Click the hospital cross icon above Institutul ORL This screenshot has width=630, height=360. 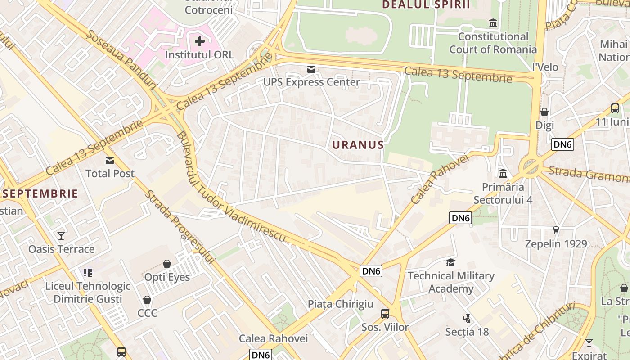199,42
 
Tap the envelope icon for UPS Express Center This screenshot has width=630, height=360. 311,69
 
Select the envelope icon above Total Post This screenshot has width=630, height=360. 110,161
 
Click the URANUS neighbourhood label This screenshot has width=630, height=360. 358,145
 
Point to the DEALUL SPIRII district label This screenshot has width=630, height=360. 426,5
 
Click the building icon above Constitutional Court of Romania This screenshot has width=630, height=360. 493,23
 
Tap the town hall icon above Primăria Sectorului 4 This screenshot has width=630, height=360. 503,173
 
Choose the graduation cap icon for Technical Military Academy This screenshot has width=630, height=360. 450,262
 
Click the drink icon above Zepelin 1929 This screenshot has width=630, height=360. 556,230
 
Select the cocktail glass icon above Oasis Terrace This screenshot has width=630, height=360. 61,236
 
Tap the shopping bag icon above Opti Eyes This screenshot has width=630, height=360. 167,264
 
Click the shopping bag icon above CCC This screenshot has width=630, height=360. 147,300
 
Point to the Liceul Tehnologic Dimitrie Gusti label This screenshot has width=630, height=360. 88,292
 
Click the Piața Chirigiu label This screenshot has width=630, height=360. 340,304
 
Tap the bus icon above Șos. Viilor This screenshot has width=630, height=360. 385,314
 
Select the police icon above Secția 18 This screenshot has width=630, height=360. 467,319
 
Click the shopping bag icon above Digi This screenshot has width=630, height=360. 544,112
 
